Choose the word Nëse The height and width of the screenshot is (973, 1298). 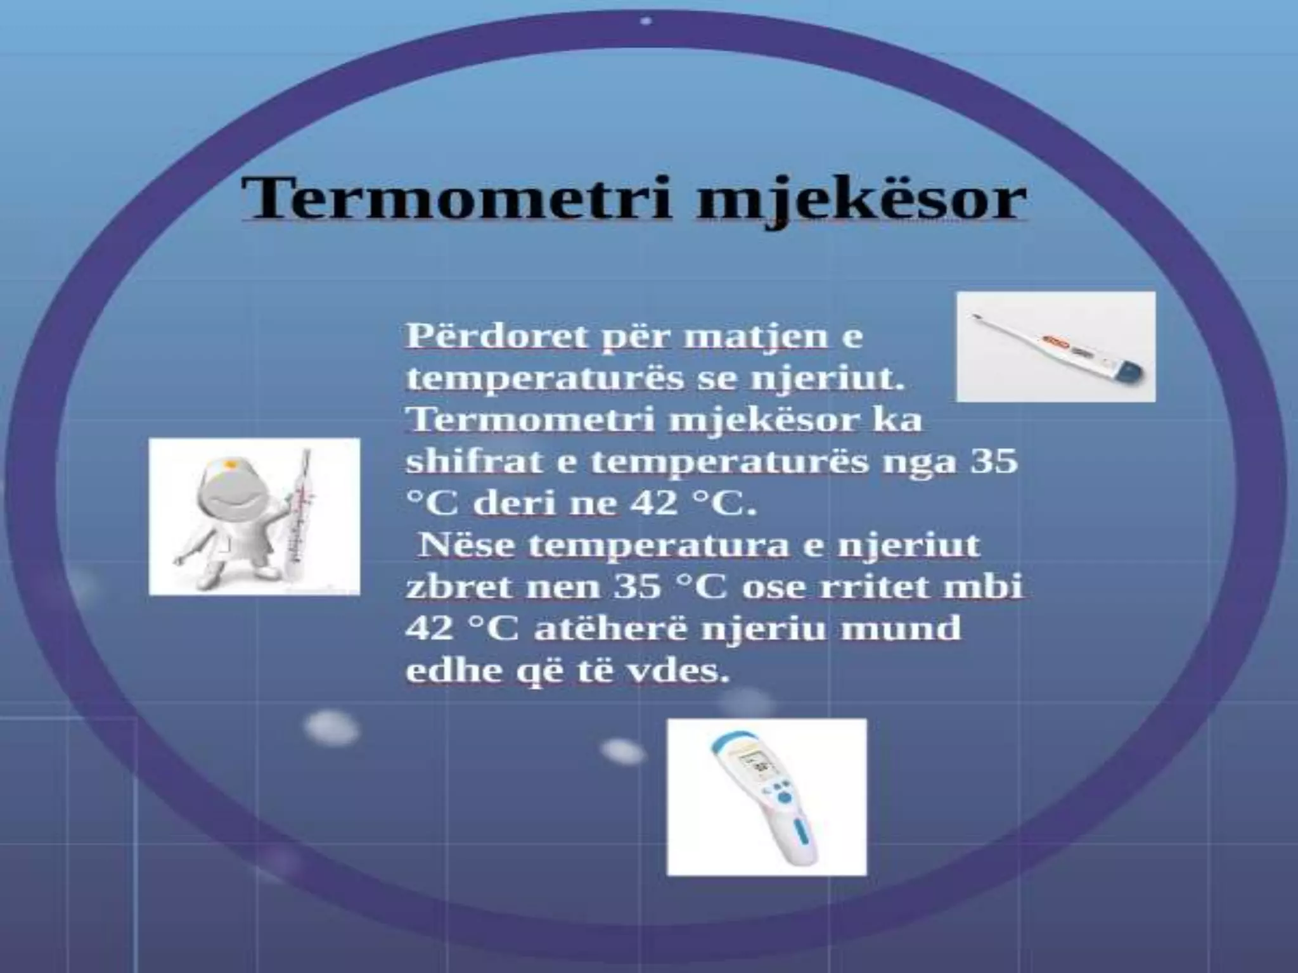(x=466, y=545)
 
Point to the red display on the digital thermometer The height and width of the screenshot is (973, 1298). (x=1055, y=345)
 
